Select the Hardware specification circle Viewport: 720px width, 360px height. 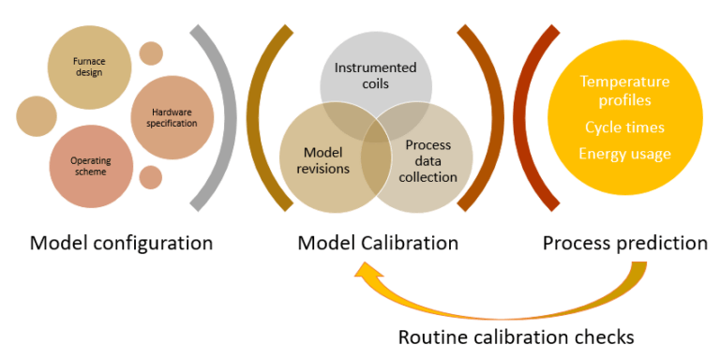172,117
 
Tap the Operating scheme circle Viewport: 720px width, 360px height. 90,166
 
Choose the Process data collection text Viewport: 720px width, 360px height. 428,160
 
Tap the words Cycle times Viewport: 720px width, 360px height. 624,127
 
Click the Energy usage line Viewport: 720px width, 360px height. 624,154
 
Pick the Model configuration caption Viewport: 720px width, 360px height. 121,244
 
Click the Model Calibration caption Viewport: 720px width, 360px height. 377,244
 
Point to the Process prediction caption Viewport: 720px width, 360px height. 624,244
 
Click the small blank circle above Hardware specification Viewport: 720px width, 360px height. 150,53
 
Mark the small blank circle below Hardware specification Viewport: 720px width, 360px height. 150,177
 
